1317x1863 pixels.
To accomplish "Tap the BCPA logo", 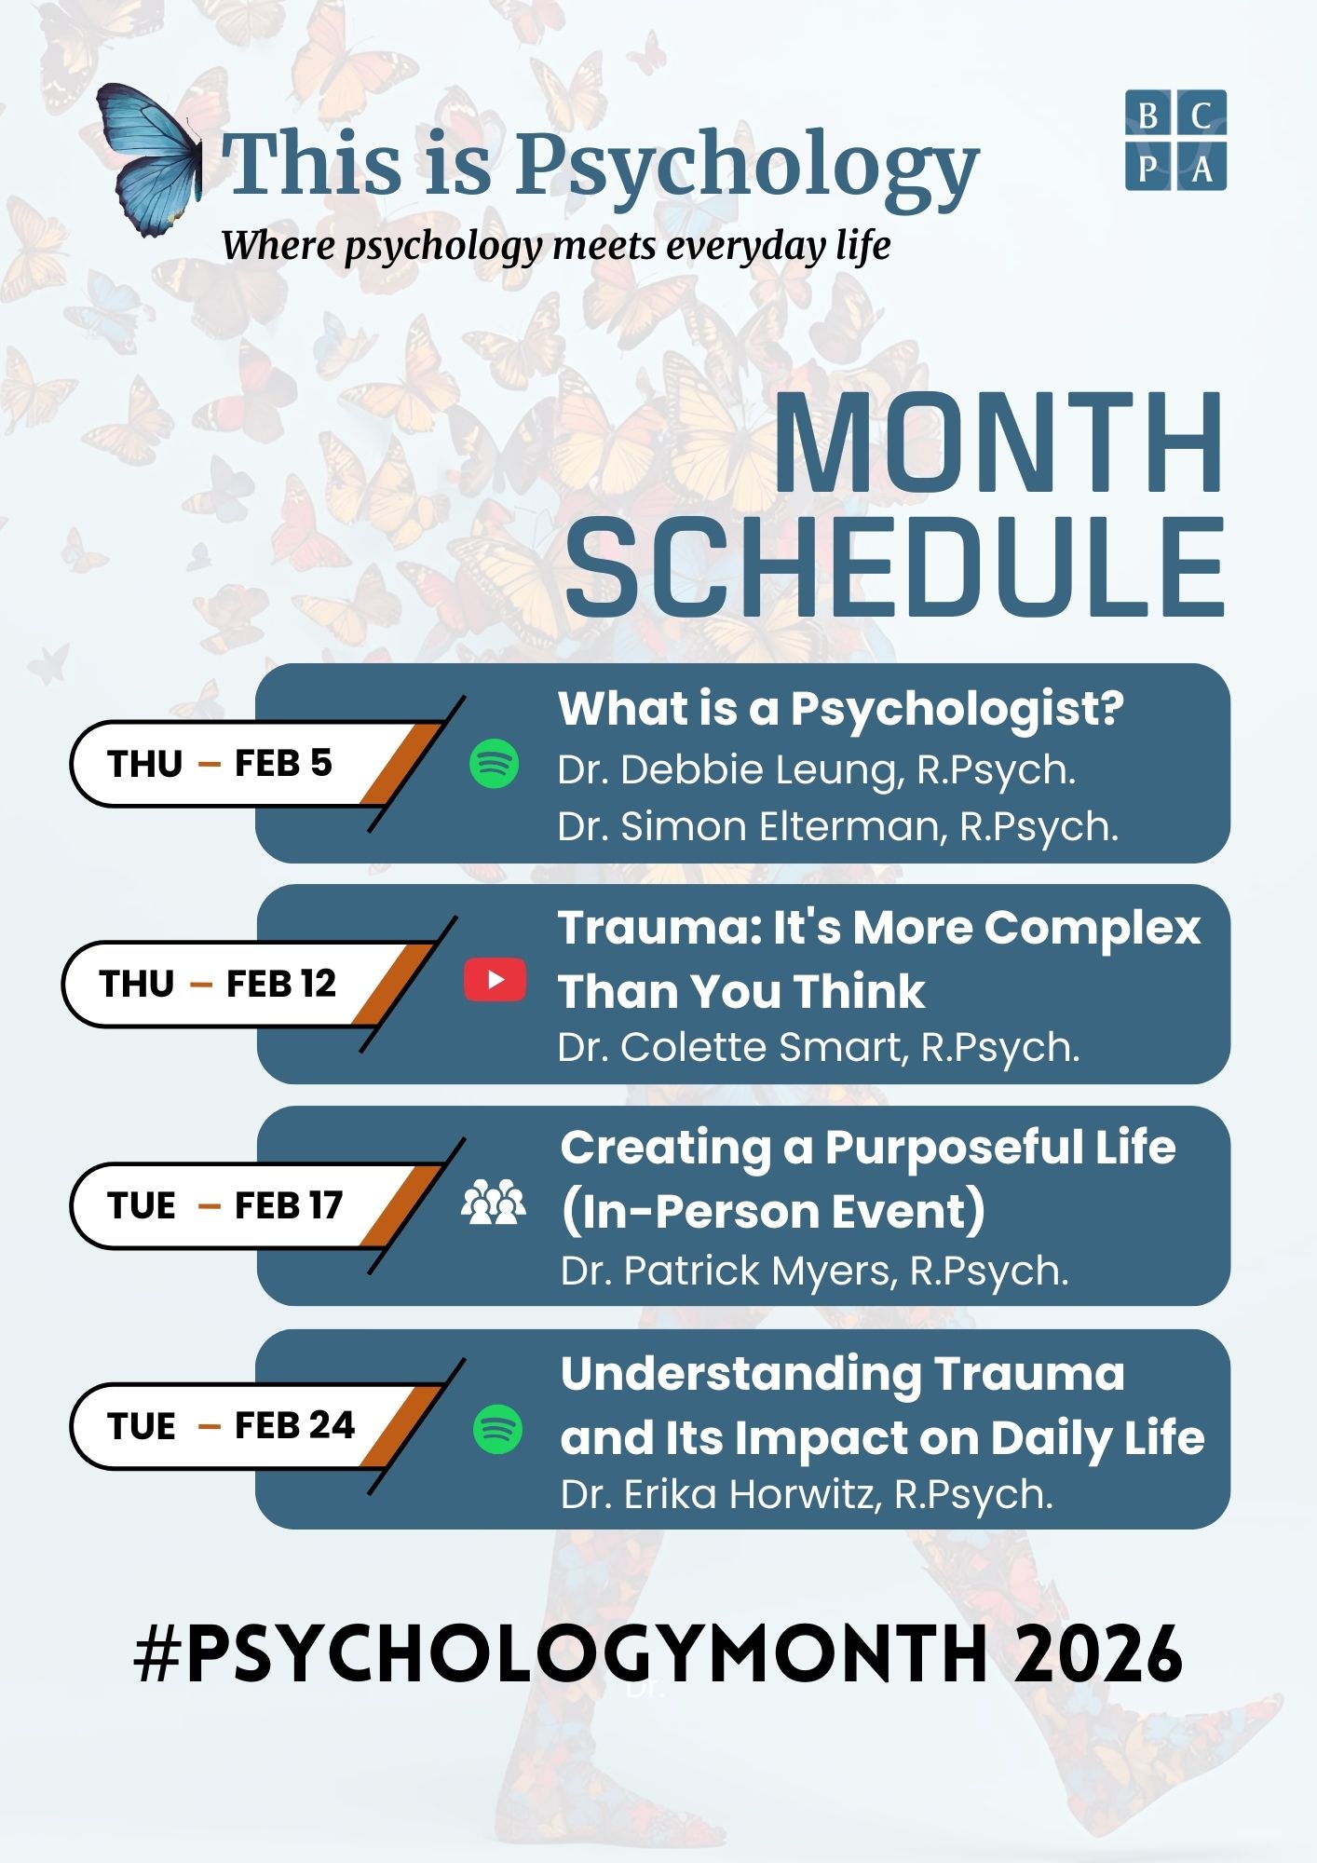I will [x=1175, y=140].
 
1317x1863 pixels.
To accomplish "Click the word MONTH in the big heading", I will [x=998, y=444].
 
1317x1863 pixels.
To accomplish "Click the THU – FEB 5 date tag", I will [x=220, y=764].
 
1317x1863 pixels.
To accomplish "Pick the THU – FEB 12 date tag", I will [x=216, y=984].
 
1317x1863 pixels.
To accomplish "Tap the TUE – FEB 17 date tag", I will [x=224, y=1205].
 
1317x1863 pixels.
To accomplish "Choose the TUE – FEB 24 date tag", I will [x=229, y=1425].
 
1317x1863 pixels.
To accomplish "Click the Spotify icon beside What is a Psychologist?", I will [x=494, y=764].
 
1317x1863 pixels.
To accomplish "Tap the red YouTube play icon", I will [x=495, y=981].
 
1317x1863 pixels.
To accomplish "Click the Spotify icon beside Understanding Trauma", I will [x=497, y=1429].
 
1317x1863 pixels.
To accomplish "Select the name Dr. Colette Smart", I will [x=731, y=1048].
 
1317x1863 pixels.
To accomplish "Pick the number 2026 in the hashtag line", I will [x=1099, y=1654].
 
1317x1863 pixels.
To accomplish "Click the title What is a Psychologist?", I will [x=840, y=709].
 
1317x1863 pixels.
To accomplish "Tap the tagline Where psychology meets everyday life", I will [x=555, y=246].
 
